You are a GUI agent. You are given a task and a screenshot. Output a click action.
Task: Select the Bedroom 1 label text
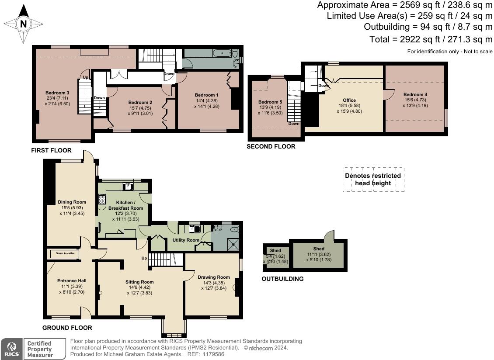[x=206, y=95]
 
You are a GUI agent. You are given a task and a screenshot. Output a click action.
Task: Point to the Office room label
[x=349, y=100]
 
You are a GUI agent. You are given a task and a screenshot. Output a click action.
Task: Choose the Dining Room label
[x=72, y=202]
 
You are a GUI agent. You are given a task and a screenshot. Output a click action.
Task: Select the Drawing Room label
[x=213, y=277]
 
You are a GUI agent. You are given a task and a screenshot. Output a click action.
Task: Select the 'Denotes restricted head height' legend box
[x=373, y=180]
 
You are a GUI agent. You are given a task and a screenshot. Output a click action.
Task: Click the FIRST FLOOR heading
[x=51, y=150]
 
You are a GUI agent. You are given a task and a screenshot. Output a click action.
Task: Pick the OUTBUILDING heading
[x=282, y=279]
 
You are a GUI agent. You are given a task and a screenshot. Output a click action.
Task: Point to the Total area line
[x=431, y=39]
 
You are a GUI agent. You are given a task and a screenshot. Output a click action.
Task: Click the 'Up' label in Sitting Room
[x=144, y=258]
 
